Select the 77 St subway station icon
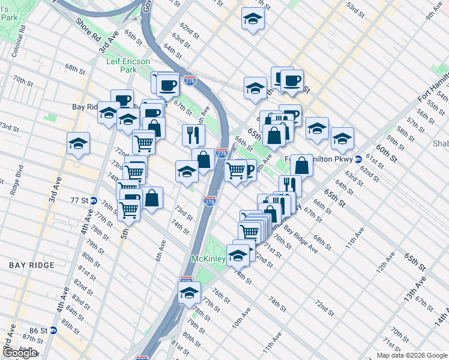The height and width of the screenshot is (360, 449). [94, 200]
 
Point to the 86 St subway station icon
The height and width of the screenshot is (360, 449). [53, 330]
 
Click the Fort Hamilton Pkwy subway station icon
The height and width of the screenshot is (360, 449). [358, 160]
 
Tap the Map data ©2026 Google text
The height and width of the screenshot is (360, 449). [411, 355]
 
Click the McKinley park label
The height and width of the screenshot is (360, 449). [208, 259]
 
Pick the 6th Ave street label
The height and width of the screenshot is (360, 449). [160, 250]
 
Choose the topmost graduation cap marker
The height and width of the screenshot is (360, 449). [253, 19]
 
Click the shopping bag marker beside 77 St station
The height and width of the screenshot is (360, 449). [152, 197]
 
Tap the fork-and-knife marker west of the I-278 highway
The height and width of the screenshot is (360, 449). [193, 134]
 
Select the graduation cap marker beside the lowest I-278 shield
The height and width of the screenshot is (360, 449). [189, 293]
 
